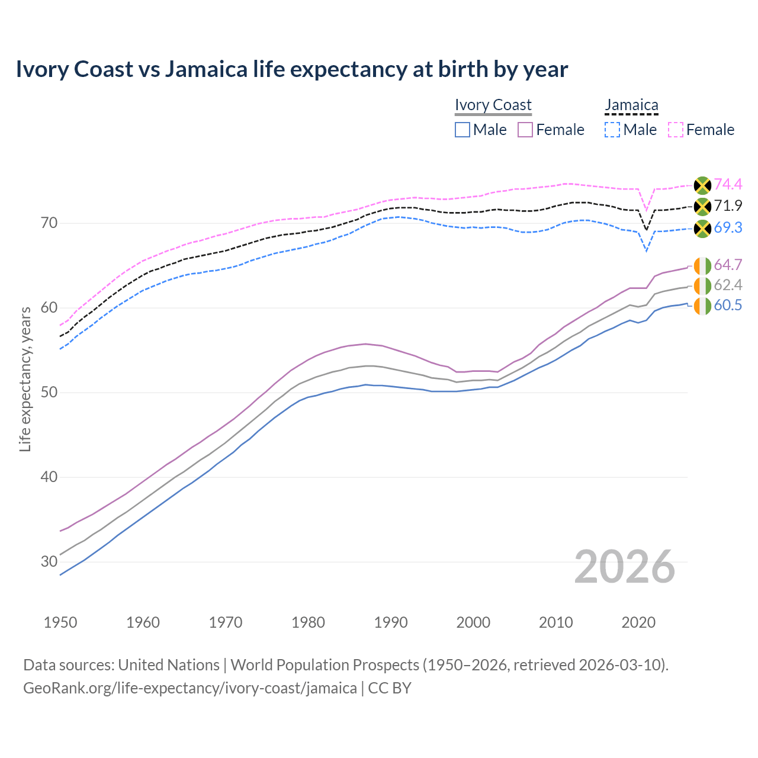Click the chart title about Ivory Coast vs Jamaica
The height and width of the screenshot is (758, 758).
[291, 69]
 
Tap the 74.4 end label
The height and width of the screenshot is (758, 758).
[728, 185]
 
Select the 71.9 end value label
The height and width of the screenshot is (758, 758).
[728, 206]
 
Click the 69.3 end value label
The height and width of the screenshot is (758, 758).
[728, 228]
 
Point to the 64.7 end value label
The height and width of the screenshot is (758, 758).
[728, 265]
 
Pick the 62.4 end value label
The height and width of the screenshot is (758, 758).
[728, 285]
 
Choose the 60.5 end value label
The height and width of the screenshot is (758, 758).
[728, 306]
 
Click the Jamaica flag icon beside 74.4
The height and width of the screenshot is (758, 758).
[702, 185]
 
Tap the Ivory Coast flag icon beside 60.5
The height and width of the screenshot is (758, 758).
[702, 306]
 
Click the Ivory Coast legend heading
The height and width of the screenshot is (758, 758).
[493, 105]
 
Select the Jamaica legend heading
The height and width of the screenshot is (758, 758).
[631, 105]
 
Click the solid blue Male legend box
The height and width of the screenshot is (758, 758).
[462, 130]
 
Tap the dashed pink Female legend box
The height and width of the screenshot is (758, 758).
[675, 130]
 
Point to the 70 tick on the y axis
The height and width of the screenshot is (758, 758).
[49, 223]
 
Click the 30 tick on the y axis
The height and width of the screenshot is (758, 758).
[49, 561]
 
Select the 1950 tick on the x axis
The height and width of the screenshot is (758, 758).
[60, 622]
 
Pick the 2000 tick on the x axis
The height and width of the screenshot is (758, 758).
[473, 622]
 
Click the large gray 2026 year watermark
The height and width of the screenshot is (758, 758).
[625, 567]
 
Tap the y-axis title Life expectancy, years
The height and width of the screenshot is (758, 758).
[25, 379]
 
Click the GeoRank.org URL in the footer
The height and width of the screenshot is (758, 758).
[189, 688]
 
